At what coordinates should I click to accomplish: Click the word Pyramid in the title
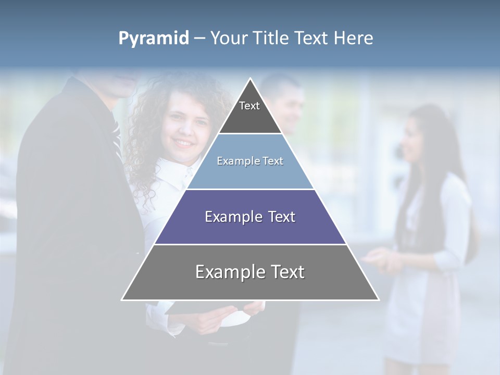coord(154,39)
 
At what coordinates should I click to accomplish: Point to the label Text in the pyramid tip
coord(249,106)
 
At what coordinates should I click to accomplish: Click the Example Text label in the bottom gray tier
coord(250,272)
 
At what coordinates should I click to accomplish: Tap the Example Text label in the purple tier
coord(250,217)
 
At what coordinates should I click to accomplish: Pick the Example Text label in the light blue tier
coord(250,161)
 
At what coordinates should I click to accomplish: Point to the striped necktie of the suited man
coord(116,133)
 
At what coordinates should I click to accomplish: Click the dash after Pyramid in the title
coord(199,39)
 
